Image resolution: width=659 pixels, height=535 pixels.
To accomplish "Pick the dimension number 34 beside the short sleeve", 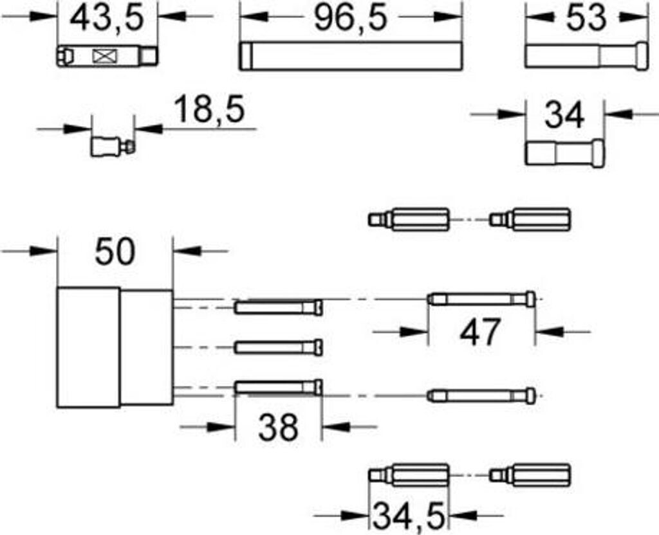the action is coord(564,116).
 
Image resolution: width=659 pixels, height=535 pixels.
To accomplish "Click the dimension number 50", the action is coord(115,251).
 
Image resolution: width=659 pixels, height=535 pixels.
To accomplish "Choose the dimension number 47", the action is coord(479,332).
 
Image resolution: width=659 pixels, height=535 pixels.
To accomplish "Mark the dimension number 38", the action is coord(278,426).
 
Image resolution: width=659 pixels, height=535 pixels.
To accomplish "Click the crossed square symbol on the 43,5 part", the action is coord(102,56).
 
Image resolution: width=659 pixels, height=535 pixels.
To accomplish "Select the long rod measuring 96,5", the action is coord(351,56).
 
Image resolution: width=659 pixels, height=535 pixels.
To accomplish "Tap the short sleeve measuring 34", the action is coord(564,154).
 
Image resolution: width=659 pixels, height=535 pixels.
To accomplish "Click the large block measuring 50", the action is coord(115,348).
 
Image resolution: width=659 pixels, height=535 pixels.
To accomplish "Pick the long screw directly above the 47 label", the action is coord(482,300).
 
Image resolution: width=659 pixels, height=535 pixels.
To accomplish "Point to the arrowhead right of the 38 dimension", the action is coord(334,426).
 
